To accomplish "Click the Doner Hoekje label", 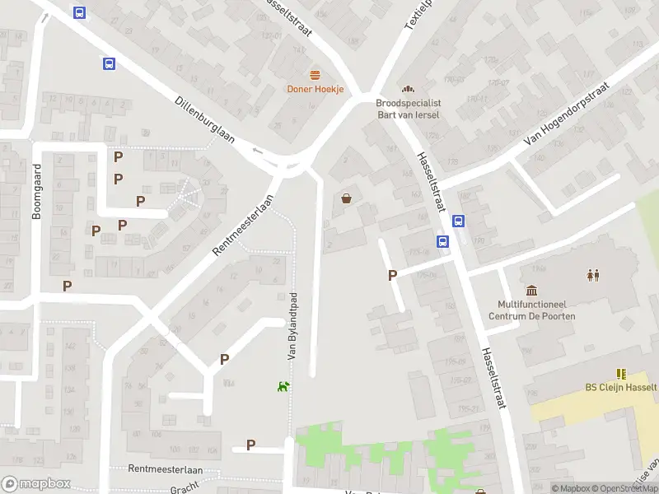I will (x=315, y=89).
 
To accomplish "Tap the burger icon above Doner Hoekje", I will (x=315, y=76).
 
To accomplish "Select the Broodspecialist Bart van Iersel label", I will (x=408, y=109).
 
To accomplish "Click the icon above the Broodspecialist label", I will (x=407, y=89).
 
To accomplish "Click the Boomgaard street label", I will (x=36, y=201).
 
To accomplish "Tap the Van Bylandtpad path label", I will (x=292, y=327).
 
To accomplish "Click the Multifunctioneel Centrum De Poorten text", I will (x=531, y=310).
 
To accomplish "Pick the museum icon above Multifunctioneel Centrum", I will (x=531, y=290).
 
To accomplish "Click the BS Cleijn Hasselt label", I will (x=620, y=388).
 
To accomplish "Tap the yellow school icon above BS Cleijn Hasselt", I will (x=620, y=373).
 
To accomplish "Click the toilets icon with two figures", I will (x=593, y=275).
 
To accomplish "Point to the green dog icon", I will (x=283, y=385).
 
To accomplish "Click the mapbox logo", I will (x=36, y=483).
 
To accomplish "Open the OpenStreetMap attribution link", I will (x=624, y=488).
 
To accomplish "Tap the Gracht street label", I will (x=185, y=489).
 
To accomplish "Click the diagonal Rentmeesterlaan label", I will (x=243, y=225).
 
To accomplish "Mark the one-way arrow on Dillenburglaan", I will (x=258, y=150).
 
